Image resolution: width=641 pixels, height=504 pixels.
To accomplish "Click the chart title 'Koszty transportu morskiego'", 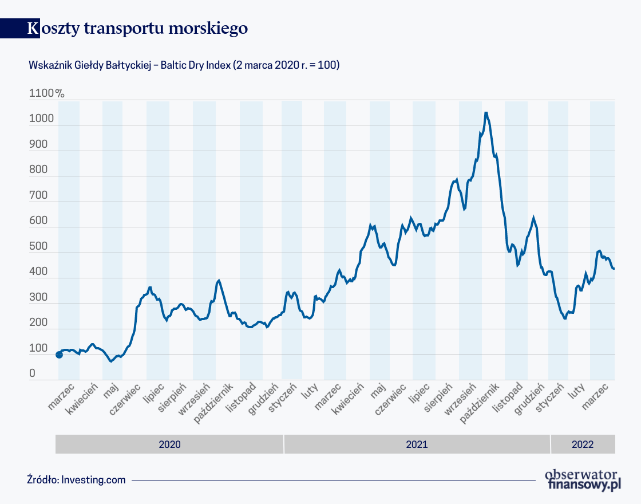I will click(x=137, y=29).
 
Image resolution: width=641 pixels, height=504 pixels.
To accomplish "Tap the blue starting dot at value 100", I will click(x=59, y=355).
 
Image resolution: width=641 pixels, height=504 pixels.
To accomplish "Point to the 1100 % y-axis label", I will click(x=46, y=93).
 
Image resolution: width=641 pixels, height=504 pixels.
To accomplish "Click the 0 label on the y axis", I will click(x=33, y=373).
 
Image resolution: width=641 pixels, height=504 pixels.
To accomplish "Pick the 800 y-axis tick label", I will click(x=38, y=170).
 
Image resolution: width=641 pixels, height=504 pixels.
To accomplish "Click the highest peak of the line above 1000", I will click(x=486, y=113).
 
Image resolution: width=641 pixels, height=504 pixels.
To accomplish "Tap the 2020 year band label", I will click(x=169, y=444).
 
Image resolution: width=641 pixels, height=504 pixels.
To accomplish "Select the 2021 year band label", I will click(x=417, y=444).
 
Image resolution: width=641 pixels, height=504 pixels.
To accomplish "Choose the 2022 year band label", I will click(x=582, y=444).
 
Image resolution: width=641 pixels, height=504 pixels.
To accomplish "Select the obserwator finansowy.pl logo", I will click(x=583, y=479).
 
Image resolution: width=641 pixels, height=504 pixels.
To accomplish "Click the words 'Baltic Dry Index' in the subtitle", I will click(x=195, y=65).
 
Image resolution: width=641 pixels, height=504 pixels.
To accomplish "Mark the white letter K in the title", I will click(x=33, y=29).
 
